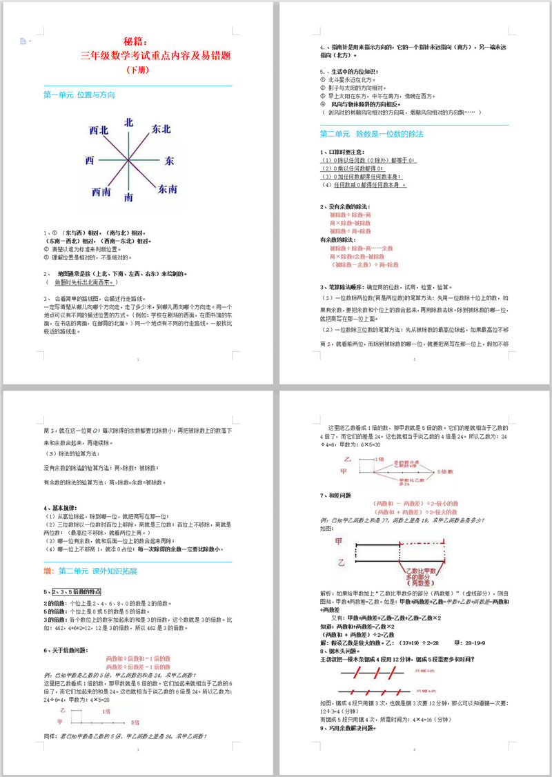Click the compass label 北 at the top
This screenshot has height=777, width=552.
pos(129,123)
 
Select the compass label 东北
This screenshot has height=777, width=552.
pos(161,129)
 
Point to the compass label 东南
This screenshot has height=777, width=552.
pos(167,188)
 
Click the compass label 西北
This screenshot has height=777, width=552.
pos(99,130)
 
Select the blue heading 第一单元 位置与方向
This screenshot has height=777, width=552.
pos(79,95)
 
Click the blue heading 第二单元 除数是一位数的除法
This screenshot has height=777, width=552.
pos(371,133)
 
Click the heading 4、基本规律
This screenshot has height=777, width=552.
pos(60,508)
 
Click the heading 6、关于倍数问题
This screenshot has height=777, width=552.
pos(66,650)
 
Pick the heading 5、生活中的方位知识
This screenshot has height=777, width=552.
pos(348,71)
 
